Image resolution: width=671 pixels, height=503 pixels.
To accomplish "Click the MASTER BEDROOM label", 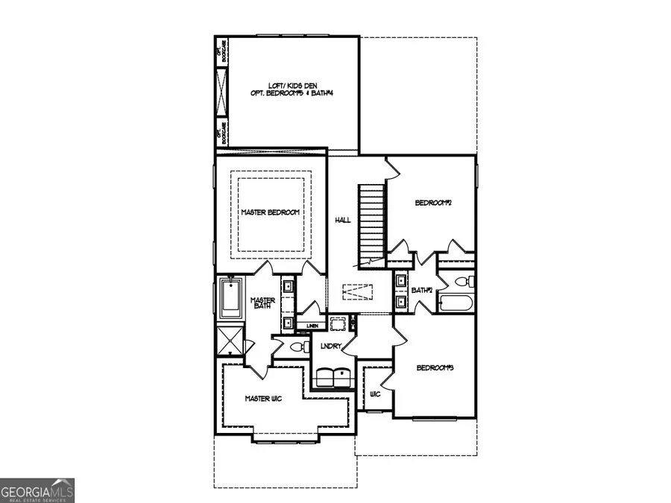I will click(270, 212).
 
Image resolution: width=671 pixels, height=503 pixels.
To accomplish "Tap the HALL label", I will click(343, 221).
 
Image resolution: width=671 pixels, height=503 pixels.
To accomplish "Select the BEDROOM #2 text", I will click(434, 203).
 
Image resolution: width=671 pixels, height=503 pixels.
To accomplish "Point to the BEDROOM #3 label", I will click(435, 368).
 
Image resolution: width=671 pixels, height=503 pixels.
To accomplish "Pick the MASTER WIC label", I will click(263, 399).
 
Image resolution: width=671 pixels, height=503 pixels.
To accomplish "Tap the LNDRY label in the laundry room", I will click(331, 347).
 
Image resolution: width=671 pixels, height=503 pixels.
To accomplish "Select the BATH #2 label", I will click(422, 291).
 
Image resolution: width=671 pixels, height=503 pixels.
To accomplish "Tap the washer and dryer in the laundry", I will click(332, 377).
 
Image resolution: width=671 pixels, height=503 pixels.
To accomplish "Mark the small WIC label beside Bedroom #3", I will click(375, 393).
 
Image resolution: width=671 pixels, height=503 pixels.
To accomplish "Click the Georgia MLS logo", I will click(37, 491).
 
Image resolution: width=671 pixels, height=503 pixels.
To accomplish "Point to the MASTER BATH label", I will click(263, 305).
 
